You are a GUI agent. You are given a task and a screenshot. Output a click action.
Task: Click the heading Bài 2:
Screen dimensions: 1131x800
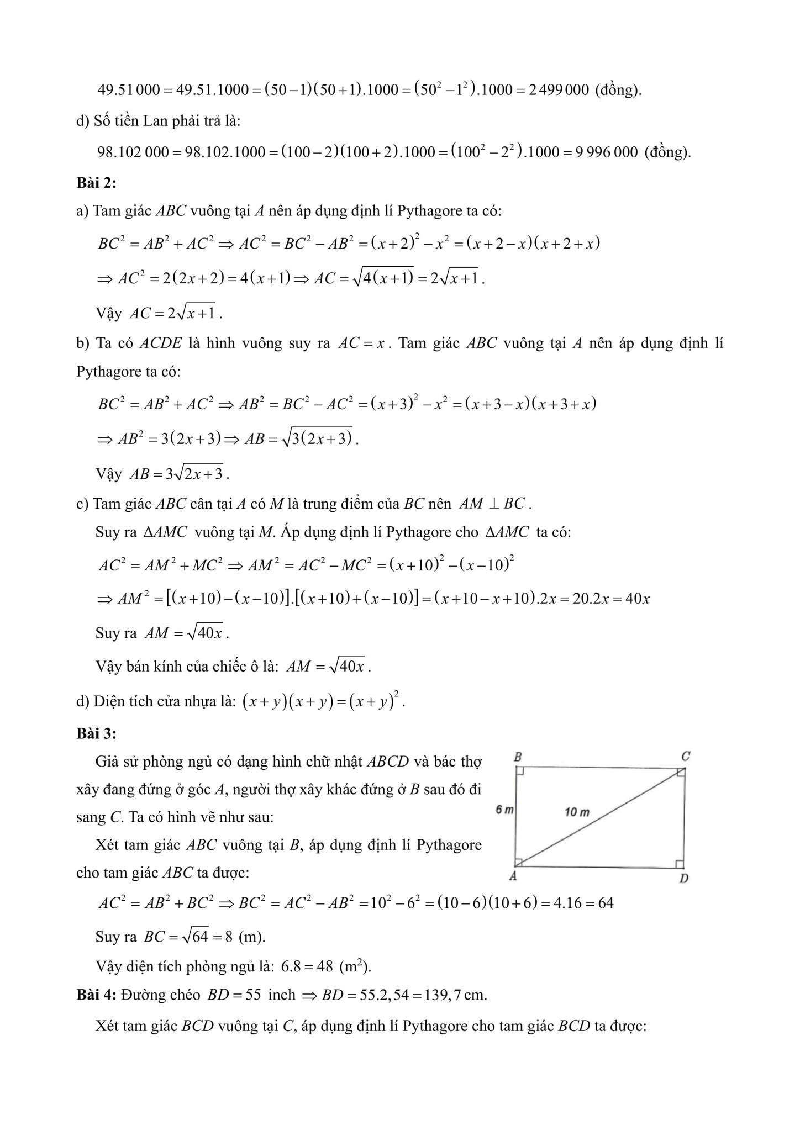pos(96,183)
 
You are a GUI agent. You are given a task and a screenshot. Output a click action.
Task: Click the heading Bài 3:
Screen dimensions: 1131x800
pos(96,733)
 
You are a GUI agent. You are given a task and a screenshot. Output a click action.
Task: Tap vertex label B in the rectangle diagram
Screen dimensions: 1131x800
pos(518,757)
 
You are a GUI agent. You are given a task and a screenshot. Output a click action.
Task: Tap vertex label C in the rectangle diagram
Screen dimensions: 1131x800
pos(685,756)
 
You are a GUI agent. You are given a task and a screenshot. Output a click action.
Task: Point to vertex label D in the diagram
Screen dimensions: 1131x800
pos(683,878)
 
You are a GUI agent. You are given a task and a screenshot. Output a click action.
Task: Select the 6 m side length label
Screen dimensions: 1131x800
pos(504,810)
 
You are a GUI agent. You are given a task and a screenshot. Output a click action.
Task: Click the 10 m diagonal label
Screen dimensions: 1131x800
pos(577,812)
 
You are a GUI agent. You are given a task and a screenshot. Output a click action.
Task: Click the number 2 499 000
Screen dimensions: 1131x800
pos(559,89)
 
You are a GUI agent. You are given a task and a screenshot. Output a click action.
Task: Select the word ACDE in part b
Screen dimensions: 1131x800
pos(160,343)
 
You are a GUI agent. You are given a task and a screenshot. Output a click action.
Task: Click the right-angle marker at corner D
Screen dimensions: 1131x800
pos(680,864)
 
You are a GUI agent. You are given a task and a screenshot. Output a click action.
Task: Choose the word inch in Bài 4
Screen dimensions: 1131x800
pos(282,995)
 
